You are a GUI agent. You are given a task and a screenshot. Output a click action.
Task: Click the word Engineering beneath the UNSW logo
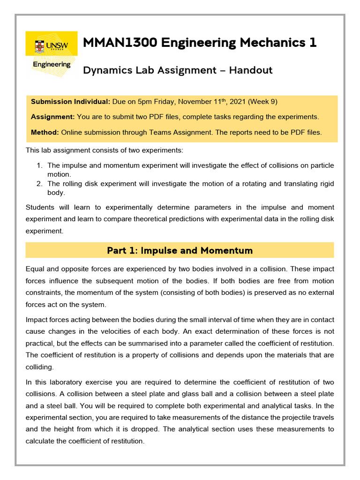[x=52, y=64]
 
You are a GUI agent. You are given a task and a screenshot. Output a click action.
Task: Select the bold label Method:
[x=45, y=132]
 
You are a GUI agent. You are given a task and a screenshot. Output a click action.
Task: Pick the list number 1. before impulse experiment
[x=39, y=165]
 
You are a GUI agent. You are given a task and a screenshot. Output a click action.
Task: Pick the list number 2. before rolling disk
[x=39, y=184]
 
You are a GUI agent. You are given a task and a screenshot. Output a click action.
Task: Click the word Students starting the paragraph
[x=41, y=207]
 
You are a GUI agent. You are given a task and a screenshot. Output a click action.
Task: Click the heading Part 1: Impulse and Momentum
[x=180, y=250]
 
